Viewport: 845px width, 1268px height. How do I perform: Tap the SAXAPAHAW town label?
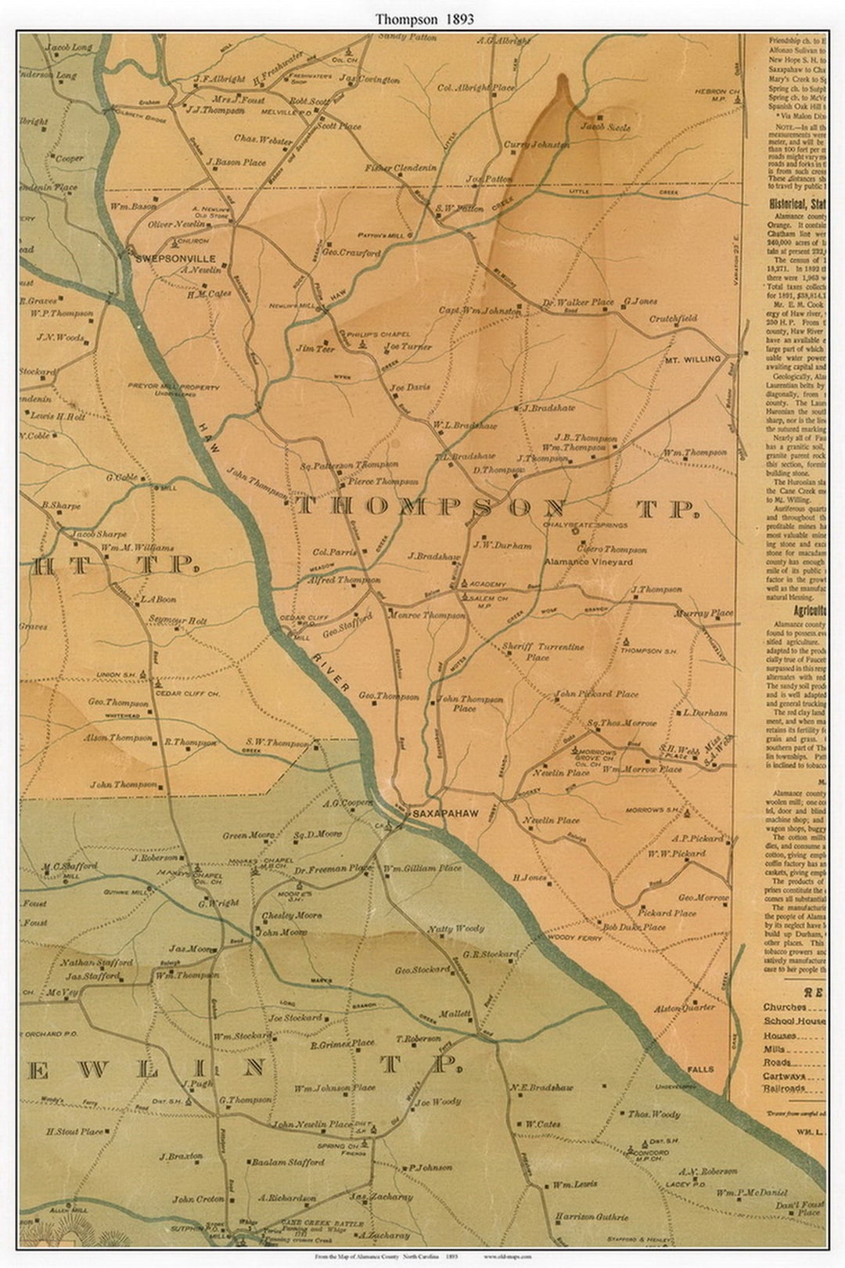(445, 814)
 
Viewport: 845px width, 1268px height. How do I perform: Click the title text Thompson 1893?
(422, 18)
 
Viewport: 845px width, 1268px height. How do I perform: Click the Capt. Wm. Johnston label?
(479, 311)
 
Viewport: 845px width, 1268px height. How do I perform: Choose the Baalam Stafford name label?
(288, 1162)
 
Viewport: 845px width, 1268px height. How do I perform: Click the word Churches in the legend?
(784, 1007)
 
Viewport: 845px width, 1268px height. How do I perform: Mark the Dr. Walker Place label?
(578, 302)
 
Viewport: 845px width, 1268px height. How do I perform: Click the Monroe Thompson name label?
(427, 616)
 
